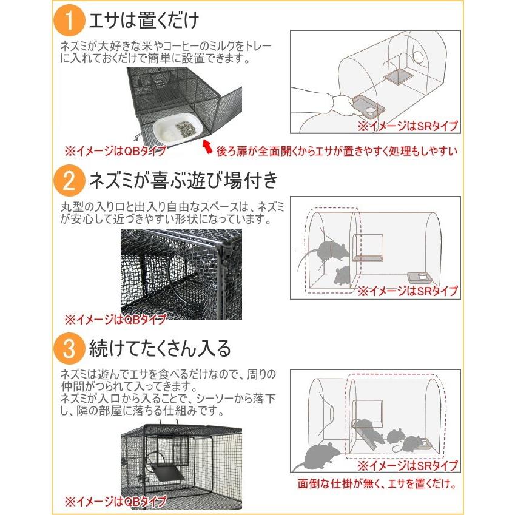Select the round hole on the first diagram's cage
[419, 56]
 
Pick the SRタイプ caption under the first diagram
[407, 126]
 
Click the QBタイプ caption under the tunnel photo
[115, 318]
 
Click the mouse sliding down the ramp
[367, 429]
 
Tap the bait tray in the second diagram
[419, 278]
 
